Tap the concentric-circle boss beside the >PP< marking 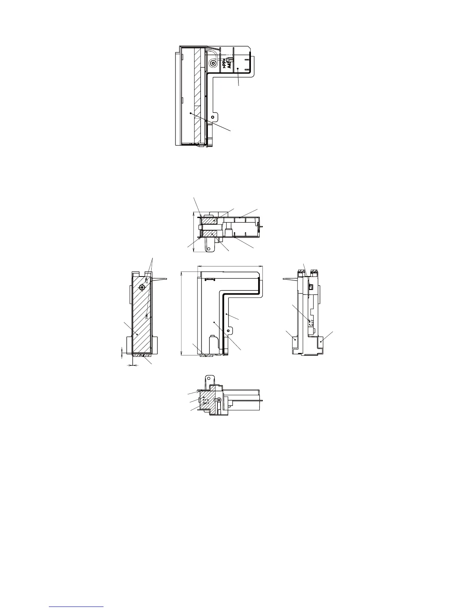coord(213,63)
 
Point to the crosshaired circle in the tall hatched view coord(142,287)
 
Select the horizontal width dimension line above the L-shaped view coord(229,265)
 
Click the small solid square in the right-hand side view coord(310,287)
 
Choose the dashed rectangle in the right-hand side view coord(311,322)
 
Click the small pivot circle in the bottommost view coord(219,400)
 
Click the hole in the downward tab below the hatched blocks coord(209,248)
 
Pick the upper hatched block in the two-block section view coord(209,220)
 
